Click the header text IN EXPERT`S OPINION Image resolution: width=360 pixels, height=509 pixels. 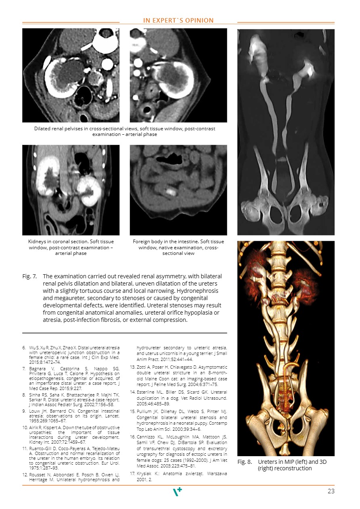point(178,21)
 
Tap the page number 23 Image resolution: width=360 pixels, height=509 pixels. point(331,491)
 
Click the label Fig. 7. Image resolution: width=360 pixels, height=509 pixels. point(29,276)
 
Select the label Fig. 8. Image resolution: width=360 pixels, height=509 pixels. point(245,462)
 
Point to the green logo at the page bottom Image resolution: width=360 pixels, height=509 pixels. point(177,491)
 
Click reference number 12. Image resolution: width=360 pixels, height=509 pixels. point(25,475)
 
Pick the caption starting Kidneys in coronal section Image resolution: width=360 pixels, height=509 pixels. point(71,247)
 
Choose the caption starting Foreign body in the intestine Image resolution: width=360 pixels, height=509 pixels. point(178,247)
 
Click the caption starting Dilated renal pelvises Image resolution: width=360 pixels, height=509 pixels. point(124,131)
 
